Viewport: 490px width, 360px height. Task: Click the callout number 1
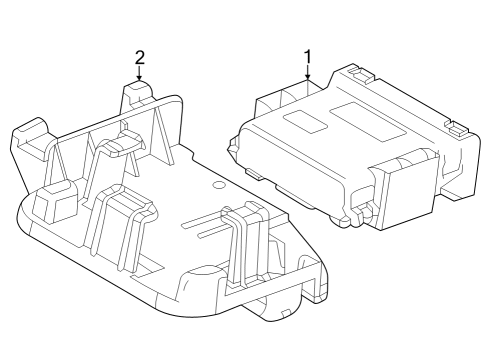pyautogui.click(x=308, y=56)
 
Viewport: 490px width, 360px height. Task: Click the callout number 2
pyautogui.click(x=140, y=56)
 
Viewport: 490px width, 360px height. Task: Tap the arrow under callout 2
pyautogui.click(x=140, y=73)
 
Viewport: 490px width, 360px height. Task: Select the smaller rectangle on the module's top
pyautogui.click(x=303, y=118)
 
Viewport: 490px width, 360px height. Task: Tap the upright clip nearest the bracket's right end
pyautogui.click(x=240, y=240)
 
